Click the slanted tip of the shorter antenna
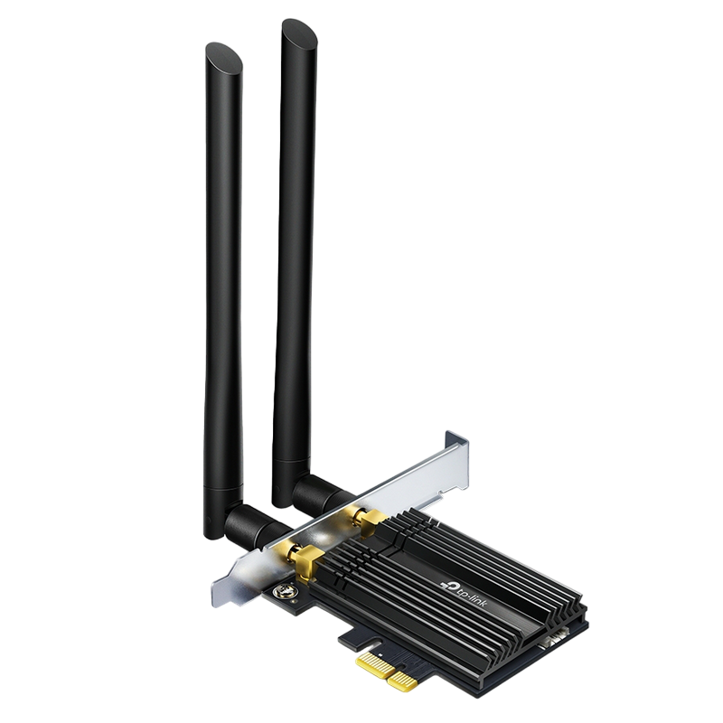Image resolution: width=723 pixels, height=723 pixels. (223, 57)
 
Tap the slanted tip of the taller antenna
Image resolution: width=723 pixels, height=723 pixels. (300, 33)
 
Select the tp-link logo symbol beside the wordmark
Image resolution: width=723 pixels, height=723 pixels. (447, 584)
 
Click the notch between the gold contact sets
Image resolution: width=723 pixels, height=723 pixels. (393, 670)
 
